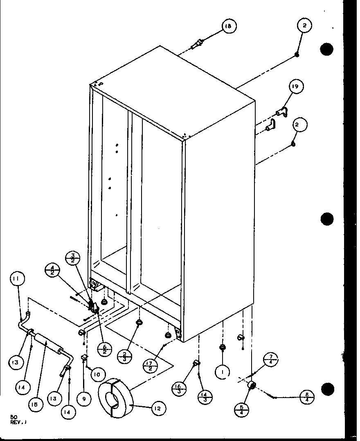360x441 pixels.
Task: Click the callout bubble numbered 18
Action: click(x=229, y=27)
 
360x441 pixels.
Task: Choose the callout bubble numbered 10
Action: click(x=99, y=374)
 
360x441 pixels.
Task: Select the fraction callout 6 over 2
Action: click(x=104, y=350)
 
